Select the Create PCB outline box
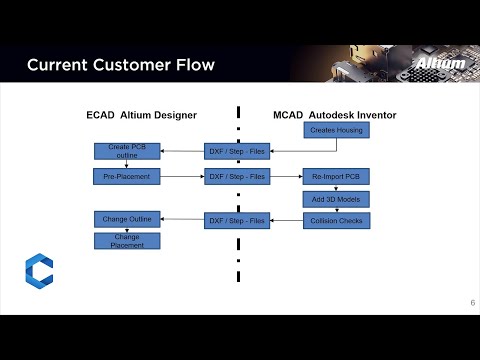pos(127,151)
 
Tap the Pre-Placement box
pos(127,176)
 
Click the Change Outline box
pos(127,218)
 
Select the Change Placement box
pos(127,240)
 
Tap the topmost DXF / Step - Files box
pos(236,151)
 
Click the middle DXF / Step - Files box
pos(236,176)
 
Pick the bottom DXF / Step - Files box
pos(236,220)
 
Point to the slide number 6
pos(472,303)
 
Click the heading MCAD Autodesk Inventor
pos(334,115)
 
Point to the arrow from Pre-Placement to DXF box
pos(182,176)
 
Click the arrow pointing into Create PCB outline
pos(182,151)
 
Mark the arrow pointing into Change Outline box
pos(182,219)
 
